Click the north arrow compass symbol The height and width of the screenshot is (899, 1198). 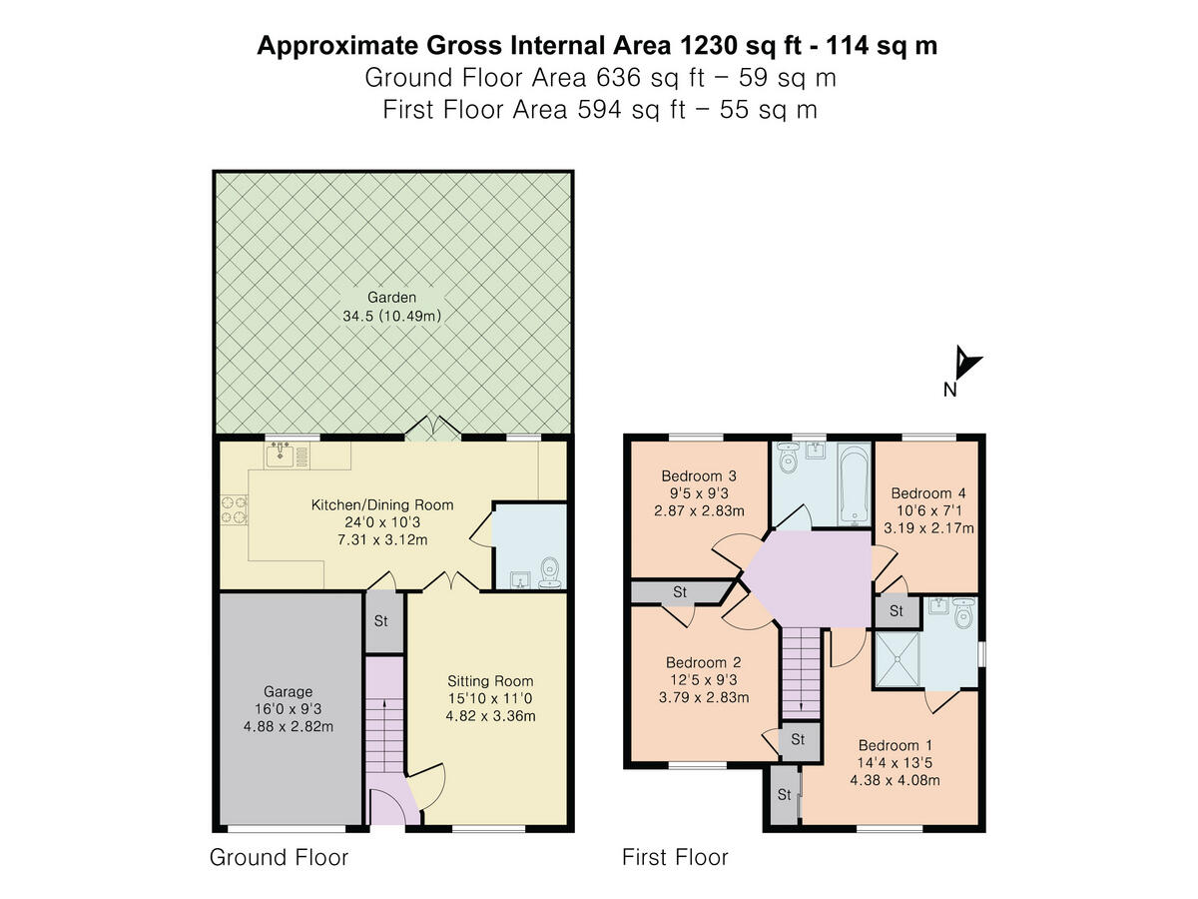click(965, 363)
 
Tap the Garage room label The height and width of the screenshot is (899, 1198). click(289, 691)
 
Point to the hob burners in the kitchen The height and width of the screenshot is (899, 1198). click(233, 509)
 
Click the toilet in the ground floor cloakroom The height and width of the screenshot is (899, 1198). click(548, 573)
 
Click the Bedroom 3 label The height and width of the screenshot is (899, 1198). click(700, 475)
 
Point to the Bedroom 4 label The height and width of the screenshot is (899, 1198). click(928, 493)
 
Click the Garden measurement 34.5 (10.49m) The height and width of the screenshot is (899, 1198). click(390, 316)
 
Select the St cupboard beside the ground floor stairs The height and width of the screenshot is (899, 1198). click(381, 620)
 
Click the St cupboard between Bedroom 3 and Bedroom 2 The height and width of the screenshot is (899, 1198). click(679, 592)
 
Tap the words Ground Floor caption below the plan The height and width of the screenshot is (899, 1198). click(279, 857)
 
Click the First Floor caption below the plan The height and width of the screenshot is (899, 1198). click(675, 857)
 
